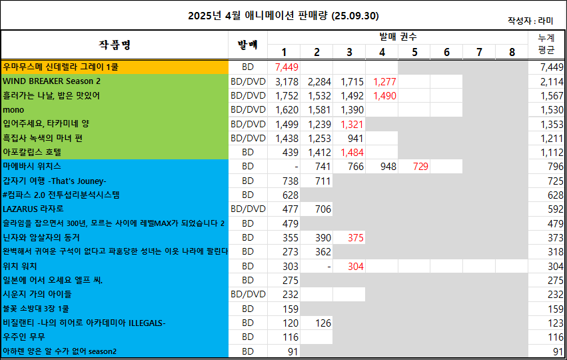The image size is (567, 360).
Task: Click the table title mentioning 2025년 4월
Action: pyautogui.click(x=283, y=15)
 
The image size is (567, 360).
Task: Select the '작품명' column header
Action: pyautogui.click(x=115, y=45)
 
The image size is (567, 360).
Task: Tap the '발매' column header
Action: pyautogui.click(x=247, y=45)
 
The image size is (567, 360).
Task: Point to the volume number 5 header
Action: pyautogui.click(x=414, y=52)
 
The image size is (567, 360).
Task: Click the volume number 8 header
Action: pyautogui.click(x=512, y=52)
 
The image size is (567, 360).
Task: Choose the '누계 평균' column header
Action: pyautogui.click(x=546, y=45)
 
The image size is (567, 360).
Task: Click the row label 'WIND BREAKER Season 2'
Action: pyautogui.click(x=51, y=81)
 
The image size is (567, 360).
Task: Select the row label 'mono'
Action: pyautogui.click(x=13, y=109)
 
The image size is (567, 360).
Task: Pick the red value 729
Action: pyautogui.click(x=420, y=166)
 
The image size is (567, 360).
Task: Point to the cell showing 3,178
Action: pyautogui.click(x=286, y=81)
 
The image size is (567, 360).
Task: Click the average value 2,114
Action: pyautogui.click(x=550, y=81)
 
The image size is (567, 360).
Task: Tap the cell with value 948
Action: pyautogui.click(x=388, y=166)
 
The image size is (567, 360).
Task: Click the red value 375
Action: pyautogui.click(x=355, y=237)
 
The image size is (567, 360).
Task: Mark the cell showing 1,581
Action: pyautogui.click(x=319, y=109)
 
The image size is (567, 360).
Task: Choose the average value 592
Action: pyautogui.click(x=554, y=209)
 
